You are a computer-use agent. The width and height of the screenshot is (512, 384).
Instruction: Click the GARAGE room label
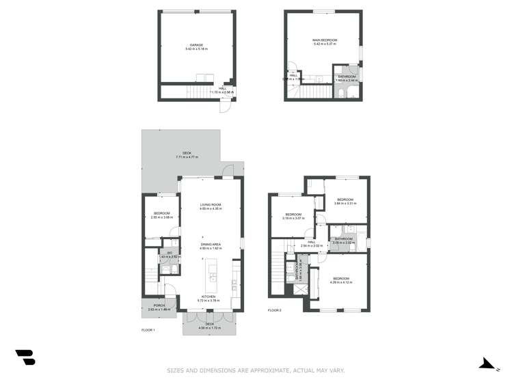[x=197, y=45]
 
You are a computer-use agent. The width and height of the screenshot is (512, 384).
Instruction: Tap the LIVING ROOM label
[x=211, y=204]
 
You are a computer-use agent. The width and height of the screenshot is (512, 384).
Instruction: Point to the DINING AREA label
[x=211, y=244]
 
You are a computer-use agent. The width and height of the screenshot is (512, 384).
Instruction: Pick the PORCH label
[x=159, y=305]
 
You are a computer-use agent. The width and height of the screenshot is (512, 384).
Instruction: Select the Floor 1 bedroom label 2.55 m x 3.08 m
[x=162, y=214]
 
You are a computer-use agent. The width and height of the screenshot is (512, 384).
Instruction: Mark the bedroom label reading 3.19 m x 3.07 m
[x=293, y=215]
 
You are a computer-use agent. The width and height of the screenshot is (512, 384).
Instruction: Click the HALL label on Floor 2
[x=311, y=242]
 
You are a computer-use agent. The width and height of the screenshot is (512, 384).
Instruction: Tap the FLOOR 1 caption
[x=148, y=330]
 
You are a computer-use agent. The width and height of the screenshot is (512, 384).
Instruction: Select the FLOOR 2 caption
[x=275, y=310]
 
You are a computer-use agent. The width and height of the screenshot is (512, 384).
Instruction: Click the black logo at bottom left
[x=25, y=357]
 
